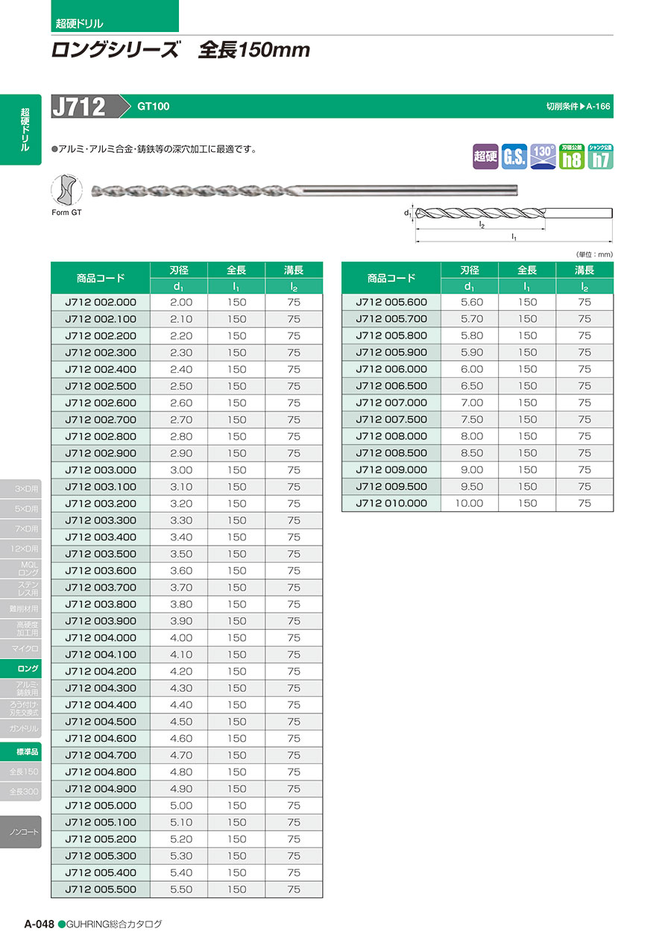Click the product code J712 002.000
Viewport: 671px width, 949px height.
pyautogui.click(x=101, y=302)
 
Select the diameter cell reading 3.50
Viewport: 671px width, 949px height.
pyautogui.click(x=180, y=554)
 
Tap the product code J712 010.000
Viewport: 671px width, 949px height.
pyautogui.click(x=391, y=503)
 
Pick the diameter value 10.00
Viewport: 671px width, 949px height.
pyautogui.click(x=469, y=503)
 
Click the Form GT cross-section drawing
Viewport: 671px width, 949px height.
pyautogui.click(x=66, y=191)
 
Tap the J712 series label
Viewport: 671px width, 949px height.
pyautogui.click(x=79, y=107)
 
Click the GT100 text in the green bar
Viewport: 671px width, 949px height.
pyautogui.click(x=153, y=107)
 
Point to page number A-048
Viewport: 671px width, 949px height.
pyautogui.click(x=39, y=924)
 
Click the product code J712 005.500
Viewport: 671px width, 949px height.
pyautogui.click(x=101, y=889)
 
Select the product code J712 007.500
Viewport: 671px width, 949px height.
pyautogui.click(x=391, y=419)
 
